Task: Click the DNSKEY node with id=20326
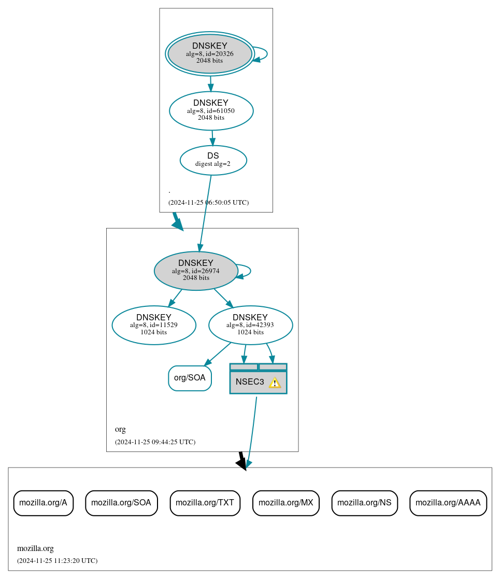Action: coord(209,53)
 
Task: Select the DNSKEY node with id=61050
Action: coord(211,110)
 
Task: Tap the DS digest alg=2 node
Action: coord(213,160)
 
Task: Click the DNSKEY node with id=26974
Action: coord(195,271)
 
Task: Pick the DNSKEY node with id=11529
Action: coord(153,325)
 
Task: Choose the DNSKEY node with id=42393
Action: coord(250,325)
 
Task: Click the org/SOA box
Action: coord(190,378)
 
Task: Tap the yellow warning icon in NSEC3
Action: coord(275,383)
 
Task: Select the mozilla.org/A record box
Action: coord(43,503)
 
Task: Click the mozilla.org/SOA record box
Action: coord(121,503)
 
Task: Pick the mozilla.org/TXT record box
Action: coord(205,503)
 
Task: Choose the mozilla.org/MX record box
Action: coord(285,503)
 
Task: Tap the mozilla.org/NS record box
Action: coord(364,503)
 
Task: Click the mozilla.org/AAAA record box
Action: coord(448,503)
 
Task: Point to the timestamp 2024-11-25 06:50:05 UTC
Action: coord(208,203)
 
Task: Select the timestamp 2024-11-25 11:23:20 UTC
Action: coord(57,561)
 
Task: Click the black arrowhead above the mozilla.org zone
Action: coord(241,463)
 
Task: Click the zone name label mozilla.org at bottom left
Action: coord(35,548)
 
